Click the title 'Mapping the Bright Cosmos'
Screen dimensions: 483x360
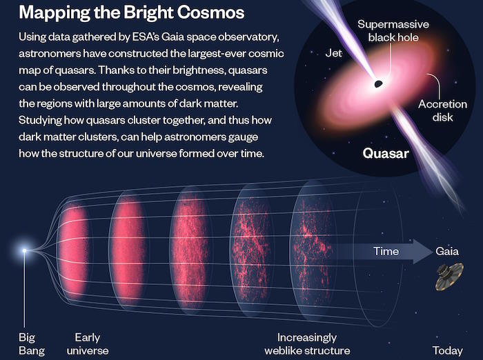pyautogui.click(x=132, y=12)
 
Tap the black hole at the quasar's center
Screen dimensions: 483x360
pyautogui.click(x=378, y=83)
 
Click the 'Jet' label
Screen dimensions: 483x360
pyautogui.click(x=333, y=53)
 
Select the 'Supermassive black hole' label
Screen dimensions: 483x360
pyautogui.click(x=393, y=31)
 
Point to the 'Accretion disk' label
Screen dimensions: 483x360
pyautogui.click(x=442, y=110)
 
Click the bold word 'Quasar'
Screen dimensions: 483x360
pyautogui.click(x=386, y=153)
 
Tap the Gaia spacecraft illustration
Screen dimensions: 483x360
pyautogui.click(x=449, y=277)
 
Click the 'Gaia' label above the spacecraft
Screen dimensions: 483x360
pyautogui.click(x=447, y=251)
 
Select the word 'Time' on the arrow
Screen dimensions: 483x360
pyautogui.click(x=386, y=251)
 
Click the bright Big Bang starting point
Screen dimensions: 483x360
pyautogui.click(x=24, y=250)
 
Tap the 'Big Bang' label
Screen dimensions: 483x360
pyautogui.click(x=32, y=344)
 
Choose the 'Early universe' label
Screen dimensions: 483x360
pyautogui.click(x=88, y=344)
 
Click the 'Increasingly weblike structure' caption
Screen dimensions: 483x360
pyautogui.click(x=307, y=344)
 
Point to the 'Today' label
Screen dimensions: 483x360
pyautogui.click(x=448, y=350)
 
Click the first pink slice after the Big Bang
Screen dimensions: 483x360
pyautogui.click(x=73, y=250)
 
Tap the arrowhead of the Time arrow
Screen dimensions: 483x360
pyautogui.click(x=422, y=251)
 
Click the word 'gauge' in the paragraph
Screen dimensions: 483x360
pyautogui.click(x=243, y=137)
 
